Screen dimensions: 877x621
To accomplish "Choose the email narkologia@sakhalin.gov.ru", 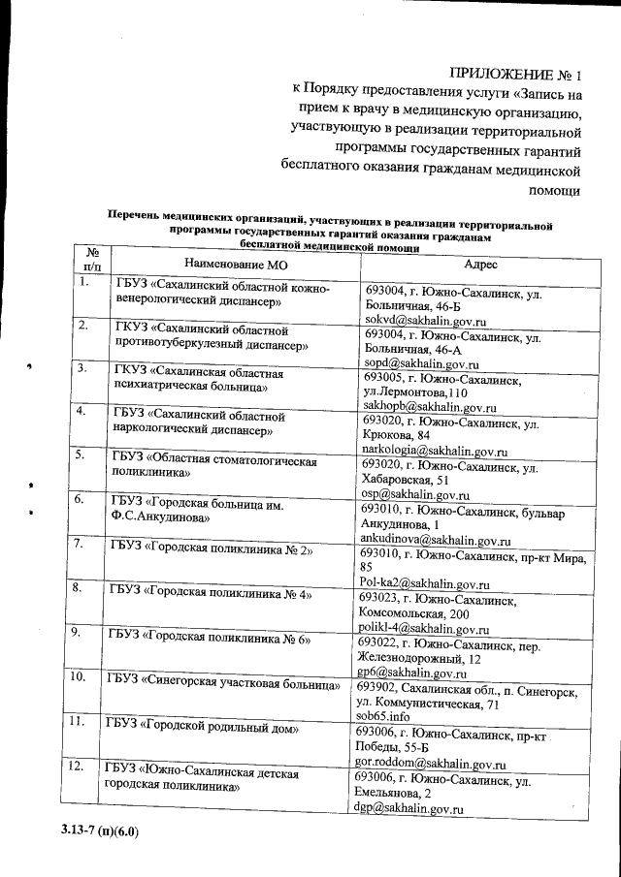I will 435,451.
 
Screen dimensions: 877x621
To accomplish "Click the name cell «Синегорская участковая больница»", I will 224,681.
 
